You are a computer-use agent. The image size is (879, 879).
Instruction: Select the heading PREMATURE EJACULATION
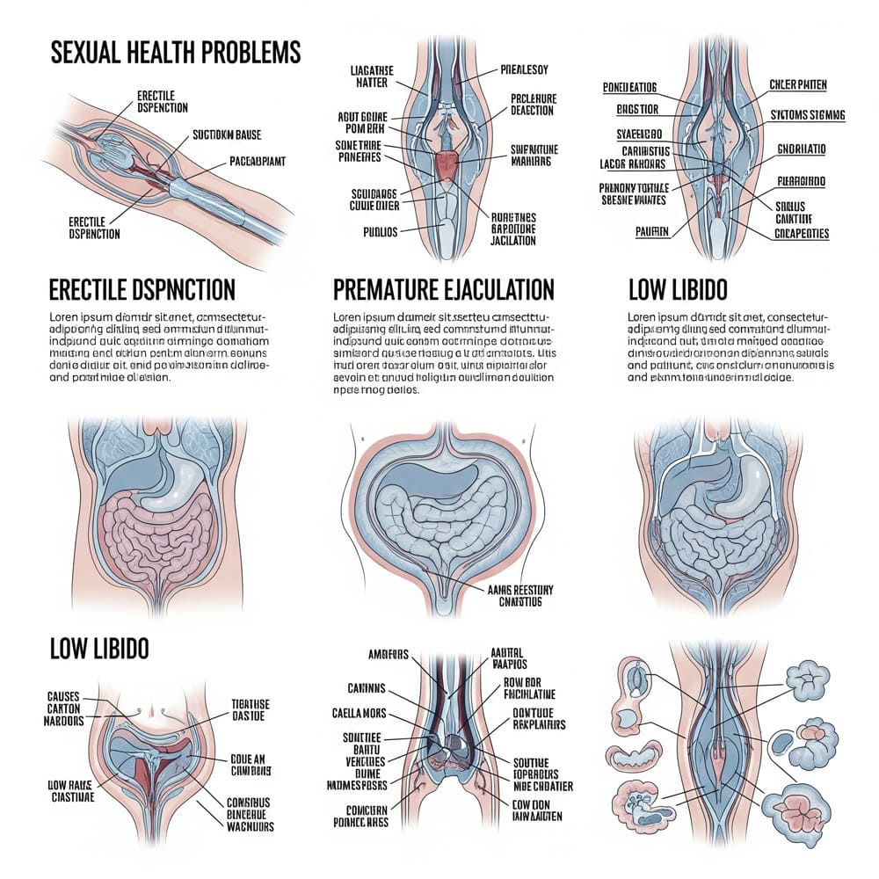(444, 288)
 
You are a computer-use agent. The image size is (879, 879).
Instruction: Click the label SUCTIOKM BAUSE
(226, 134)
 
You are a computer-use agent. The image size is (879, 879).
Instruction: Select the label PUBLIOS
(380, 232)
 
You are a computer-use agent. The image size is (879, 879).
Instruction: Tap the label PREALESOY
(525, 69)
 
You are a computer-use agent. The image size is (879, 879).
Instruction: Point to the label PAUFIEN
(650, 232)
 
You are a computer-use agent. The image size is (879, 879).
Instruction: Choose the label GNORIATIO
(801, 149)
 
